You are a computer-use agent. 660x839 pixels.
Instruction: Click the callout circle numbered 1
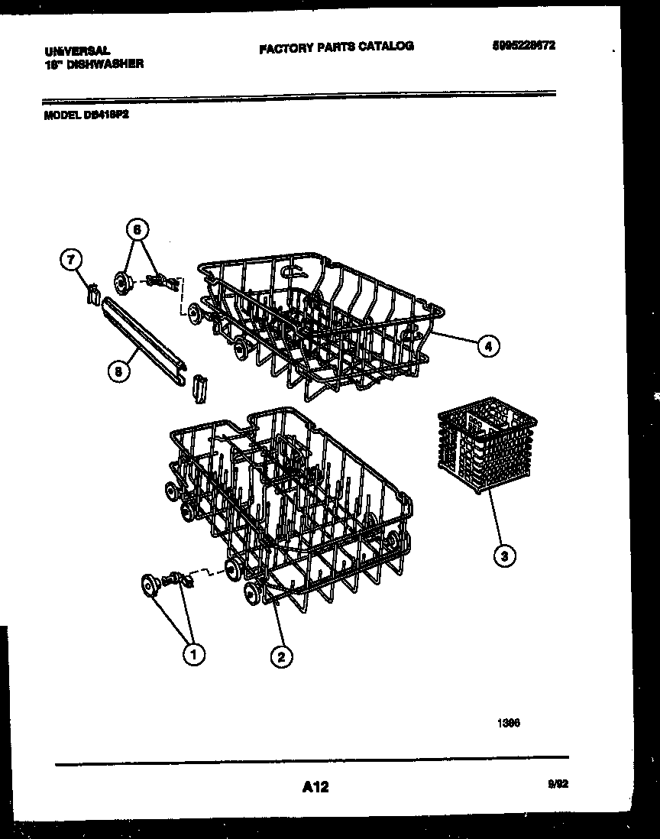tap(194, 653)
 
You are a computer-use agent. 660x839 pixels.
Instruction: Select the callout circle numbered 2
tap(281, 656)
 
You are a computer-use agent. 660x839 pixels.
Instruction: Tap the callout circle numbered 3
tap(503, 556)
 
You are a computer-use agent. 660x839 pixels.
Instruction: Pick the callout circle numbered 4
tap(488, 346)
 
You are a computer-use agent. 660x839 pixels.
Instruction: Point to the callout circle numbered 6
tap(137, 228)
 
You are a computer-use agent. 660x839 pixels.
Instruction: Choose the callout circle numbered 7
tap(70, 261)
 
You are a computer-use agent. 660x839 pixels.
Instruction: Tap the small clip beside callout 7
tap(92, 293)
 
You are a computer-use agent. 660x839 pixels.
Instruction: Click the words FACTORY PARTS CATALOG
tap(336, 47)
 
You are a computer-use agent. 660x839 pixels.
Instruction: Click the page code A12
tap(315, 786)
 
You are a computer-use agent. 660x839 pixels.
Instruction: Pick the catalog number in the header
tap(523, 45)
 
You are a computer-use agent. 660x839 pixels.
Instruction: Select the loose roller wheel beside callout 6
tap(121, 283)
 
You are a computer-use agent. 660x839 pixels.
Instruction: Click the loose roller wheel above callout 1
tap(149, 585)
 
